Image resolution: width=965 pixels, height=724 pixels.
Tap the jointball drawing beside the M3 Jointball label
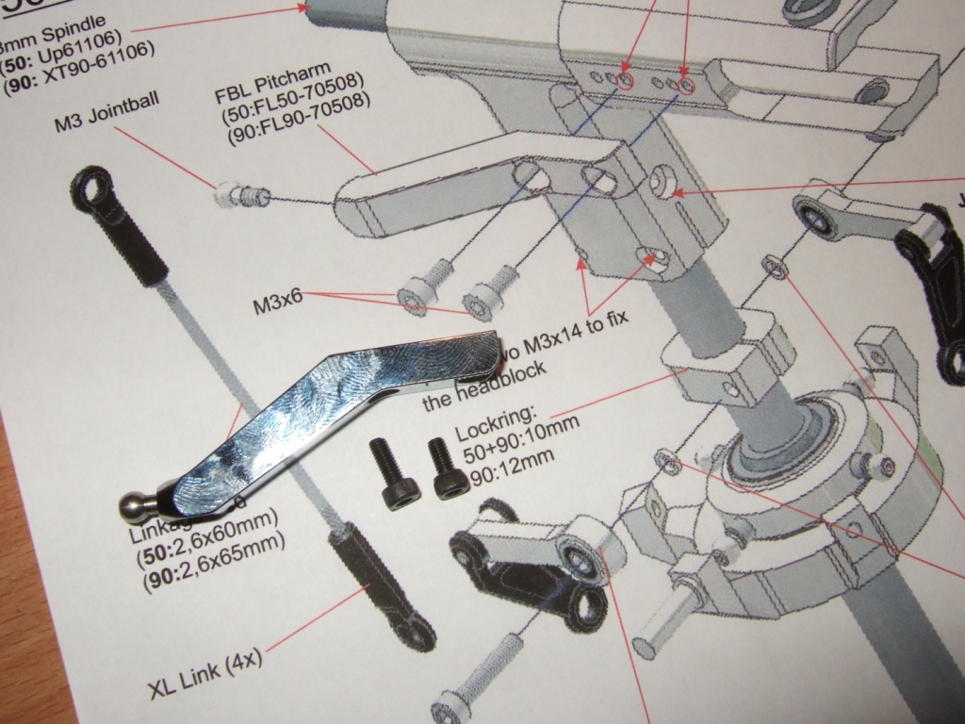243,195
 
